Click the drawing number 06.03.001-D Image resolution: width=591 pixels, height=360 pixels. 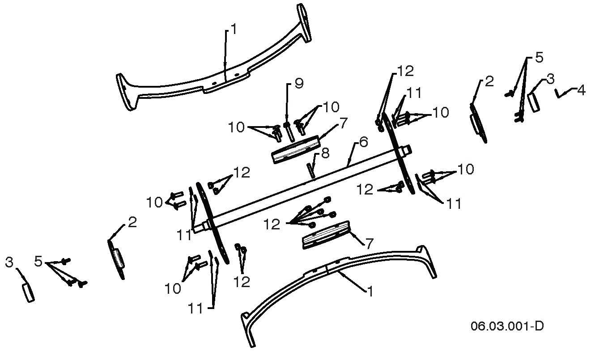pyautogui.click(x=507, y=326)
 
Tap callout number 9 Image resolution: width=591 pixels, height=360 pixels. pyautogui.click(x=299, y=83)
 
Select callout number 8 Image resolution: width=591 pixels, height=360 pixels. pyautogui.click(x=325, y=153)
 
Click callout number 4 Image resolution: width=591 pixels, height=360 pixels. pyautogui.click(x=581, y=90)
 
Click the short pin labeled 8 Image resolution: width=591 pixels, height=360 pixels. pyautogui.click(x=310, y=170)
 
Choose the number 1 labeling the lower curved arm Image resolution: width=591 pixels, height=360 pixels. pyautogui.click(x=370, y=291)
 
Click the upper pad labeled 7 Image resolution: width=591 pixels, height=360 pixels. pyautogui.click(x=295, y=149)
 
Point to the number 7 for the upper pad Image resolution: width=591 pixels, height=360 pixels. pyautogui.click(x=343, y=123)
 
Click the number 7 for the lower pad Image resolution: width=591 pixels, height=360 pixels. pyautogui.click(x=369, y=244)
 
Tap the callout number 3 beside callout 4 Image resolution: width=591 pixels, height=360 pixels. pyautogui.click(x=550, y=79)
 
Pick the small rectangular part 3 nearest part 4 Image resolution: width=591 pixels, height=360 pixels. pyautogui.click(x=533, y=102)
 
